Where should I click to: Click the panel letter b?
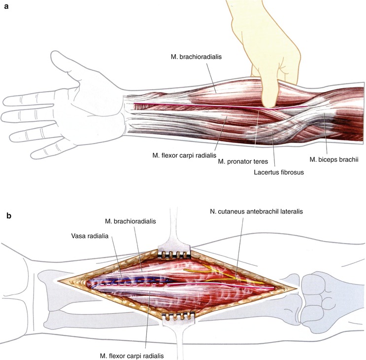tap(7, 216)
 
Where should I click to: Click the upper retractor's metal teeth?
tap(174, 254)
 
